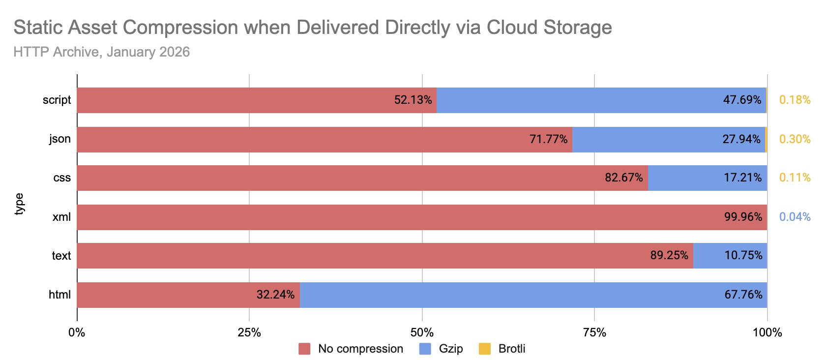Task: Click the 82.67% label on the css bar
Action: (623, 178)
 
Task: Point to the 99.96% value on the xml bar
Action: (743, 217)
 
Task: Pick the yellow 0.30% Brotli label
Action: (795, 139)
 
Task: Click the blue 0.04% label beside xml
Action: (795, 217)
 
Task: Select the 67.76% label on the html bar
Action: (743, 295)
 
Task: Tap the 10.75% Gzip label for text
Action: (743, 255)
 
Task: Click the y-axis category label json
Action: (60, 139)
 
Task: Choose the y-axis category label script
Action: (57, 100)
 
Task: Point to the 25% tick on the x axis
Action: (249, 333)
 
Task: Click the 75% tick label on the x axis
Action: (594, 333)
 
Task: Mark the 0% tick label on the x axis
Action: (77, 333)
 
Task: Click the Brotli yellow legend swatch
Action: (485, 349)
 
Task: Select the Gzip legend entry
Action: (450, 349)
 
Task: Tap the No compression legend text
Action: (360, 349)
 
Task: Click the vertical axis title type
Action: (20, 204)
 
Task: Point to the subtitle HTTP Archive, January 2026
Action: (101, 52)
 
